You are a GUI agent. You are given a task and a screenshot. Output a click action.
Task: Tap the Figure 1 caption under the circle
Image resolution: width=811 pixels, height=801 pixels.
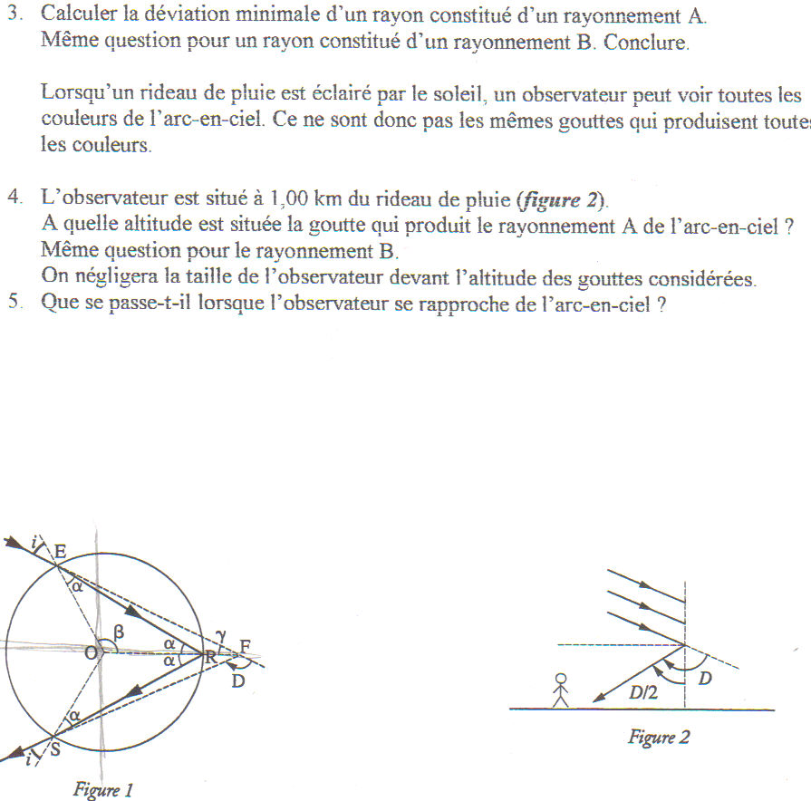(103, 790)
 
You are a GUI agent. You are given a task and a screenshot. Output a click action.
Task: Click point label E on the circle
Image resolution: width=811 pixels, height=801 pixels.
(60, 551)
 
